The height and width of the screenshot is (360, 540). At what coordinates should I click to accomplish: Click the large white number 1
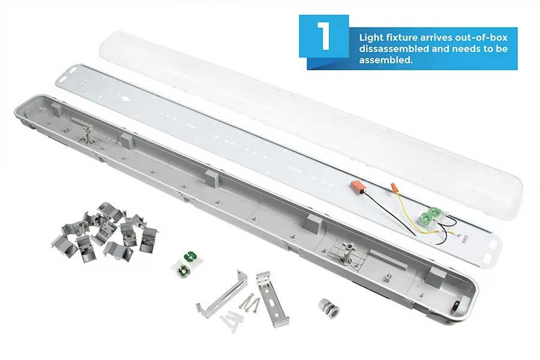tap(324, 36)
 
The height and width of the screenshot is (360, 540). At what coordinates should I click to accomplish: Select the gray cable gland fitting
tap(328, 308)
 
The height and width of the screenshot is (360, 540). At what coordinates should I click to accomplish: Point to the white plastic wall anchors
tap(232, 320)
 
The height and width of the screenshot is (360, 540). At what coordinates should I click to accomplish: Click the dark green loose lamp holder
tap(189, 257)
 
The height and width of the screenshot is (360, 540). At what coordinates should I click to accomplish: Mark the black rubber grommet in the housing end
tap(457, 305)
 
